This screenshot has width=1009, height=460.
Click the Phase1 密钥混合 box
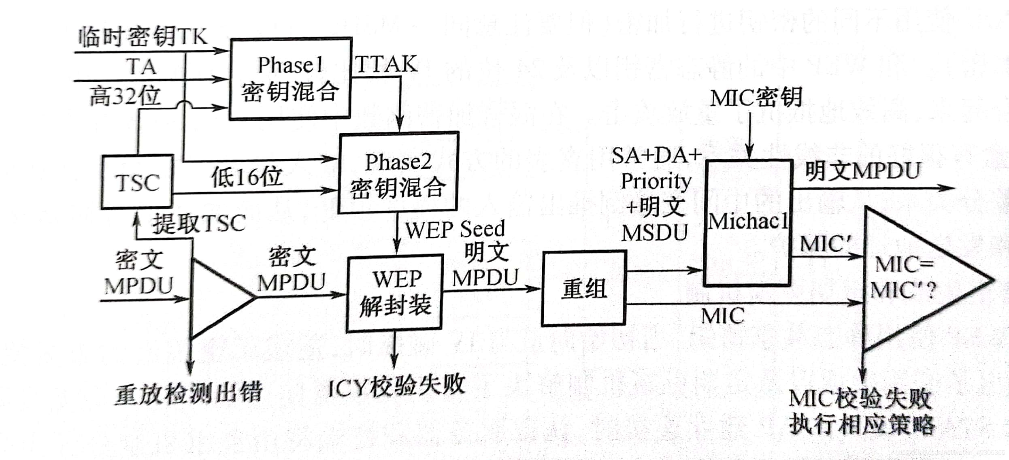(290, 79)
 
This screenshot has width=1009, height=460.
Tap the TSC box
(137, 182)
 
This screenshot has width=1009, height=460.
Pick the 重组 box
(584, 288)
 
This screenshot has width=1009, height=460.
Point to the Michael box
(748, 222)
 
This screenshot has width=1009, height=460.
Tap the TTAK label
(386, 64)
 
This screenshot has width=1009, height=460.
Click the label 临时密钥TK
(143, 37)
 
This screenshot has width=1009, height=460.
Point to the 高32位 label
(125, 96)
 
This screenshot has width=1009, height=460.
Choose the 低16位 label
(247, 177)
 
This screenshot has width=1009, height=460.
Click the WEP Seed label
(455, 229)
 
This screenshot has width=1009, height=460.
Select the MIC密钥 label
(756, 98)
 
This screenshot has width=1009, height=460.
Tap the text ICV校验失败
(396, 385)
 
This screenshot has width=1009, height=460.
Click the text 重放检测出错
(189, 393)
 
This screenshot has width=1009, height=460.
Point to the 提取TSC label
(199, 223)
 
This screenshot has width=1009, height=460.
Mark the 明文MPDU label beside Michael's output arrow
(862, 171)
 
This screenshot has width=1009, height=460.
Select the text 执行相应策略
(861, 424)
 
